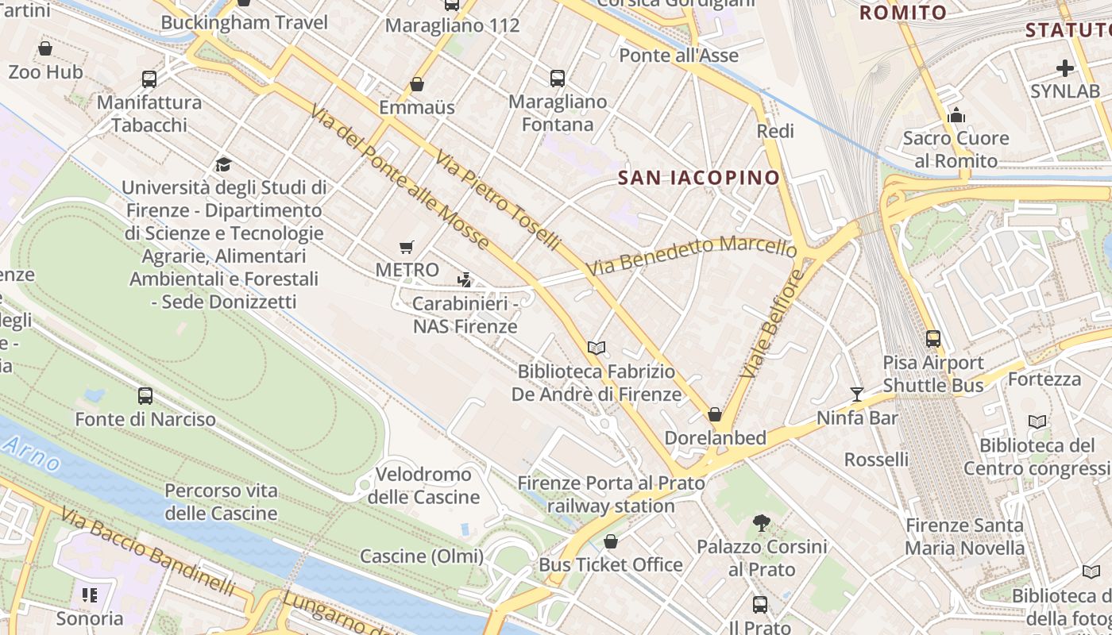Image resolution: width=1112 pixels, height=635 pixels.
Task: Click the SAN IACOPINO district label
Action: coord(699,178)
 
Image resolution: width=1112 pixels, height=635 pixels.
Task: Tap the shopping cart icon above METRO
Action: coord(407,247)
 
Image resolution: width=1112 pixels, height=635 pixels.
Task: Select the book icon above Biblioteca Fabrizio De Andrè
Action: coord(597,348)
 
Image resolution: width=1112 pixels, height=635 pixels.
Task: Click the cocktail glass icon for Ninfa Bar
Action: coord(857,394)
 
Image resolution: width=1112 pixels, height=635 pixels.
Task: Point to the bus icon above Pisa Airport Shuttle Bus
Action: coord(933,339)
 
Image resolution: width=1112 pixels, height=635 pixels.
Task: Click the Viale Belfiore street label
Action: coord(771,324)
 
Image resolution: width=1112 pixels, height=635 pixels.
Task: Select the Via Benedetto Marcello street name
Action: coord(691,256)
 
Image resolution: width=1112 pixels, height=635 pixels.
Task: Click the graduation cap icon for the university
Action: coord(223,164)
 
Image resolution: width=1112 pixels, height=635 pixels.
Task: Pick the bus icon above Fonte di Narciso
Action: coord(145,395)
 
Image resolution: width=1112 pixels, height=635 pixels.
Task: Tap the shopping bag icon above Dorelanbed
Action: coord(715,414)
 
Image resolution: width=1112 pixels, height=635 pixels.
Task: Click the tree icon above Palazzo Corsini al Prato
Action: coord(762,522)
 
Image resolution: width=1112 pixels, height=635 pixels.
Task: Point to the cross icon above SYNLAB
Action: coord(1065,67)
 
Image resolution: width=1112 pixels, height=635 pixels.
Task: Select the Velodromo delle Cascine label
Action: coord(423,486)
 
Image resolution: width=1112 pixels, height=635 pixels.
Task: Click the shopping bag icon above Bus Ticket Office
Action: coord(611,541)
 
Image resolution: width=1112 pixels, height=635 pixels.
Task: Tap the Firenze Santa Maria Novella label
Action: coord(965,537)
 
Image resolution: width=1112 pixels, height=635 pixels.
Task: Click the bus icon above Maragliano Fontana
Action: coord(558,78)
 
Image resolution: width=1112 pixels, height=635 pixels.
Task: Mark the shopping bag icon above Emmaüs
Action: coord(417,84)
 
